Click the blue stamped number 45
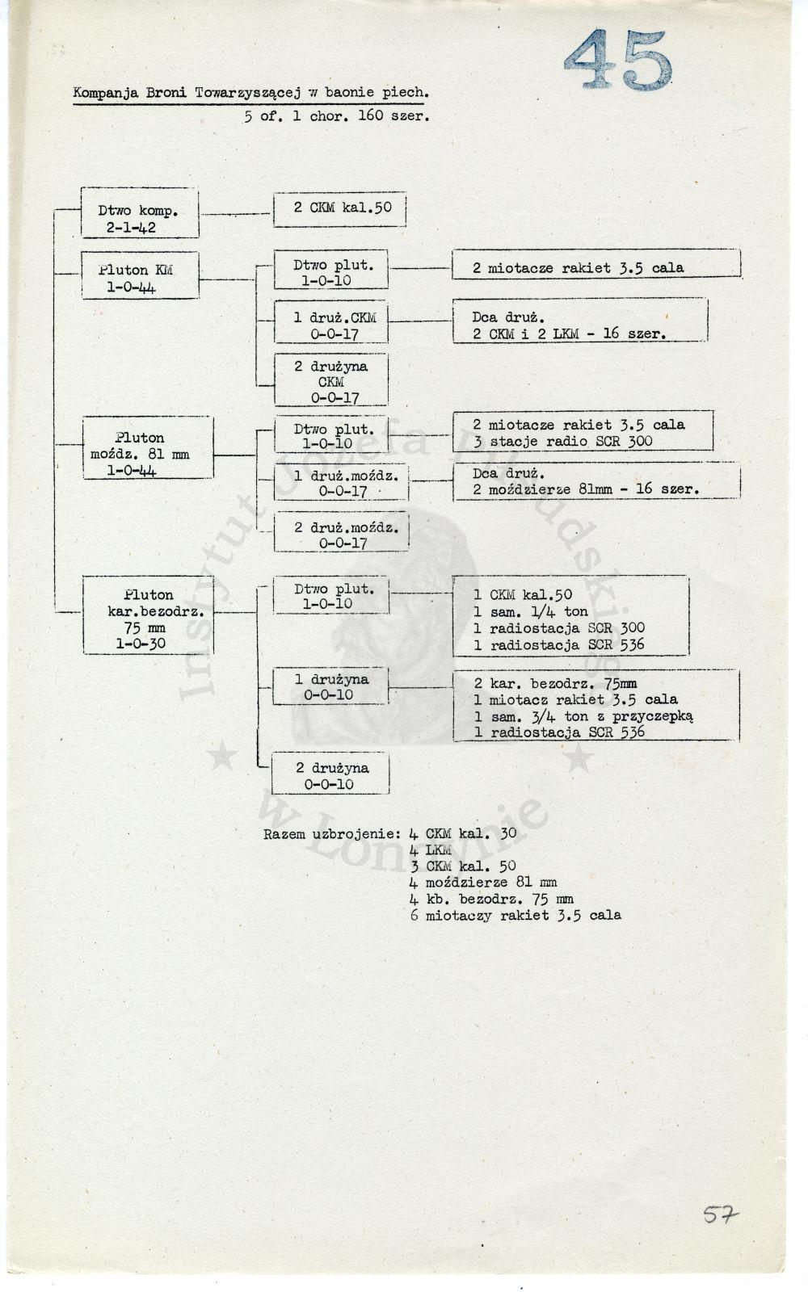[618, 59]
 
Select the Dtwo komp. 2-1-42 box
[140, 212]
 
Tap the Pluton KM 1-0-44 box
[141, 275]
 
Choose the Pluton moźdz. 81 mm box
[148, 447]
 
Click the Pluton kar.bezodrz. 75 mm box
[149, 615]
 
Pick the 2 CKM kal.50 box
[339, 209]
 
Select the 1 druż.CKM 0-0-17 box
[330, 321]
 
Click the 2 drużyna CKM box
[330, 380]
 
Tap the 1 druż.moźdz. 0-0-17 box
[341, 481]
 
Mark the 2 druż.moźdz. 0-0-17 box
[341, 531]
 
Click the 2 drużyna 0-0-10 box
[330, 773]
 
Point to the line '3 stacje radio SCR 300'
[562, 442]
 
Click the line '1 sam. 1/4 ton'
[531, 611]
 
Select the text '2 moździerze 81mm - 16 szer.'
[586, 489]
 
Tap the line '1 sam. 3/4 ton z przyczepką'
[583, 716]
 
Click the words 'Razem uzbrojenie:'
[332, 834]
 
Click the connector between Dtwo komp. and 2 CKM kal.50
[236, 214]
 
